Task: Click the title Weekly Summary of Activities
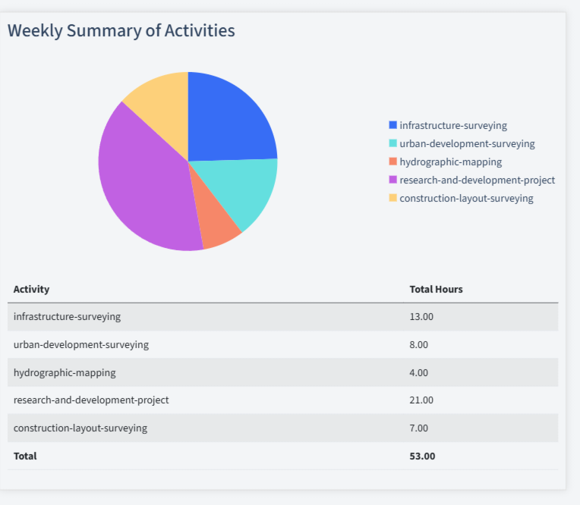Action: [x=121, y=30]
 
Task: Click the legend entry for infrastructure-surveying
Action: [x=452, y=125]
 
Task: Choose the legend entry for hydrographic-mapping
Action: [x=450, y=162]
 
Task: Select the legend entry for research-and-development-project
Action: [x=477, y=180]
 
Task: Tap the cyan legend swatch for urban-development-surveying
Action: [x=392, y=143]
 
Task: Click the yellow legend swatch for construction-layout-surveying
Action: [x=392, y=198]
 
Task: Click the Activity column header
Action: [x=31, y=289]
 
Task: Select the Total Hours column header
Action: [x=436, y=289]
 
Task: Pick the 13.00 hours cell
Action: [x=421, y=316]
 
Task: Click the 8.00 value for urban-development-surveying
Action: [x=419, y=344]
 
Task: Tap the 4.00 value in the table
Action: [x=419, y=372]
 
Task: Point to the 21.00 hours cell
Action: [x=421, y=400]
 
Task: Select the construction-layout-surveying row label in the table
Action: [x=80, y=428]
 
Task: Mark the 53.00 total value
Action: [x=422, y=456]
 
